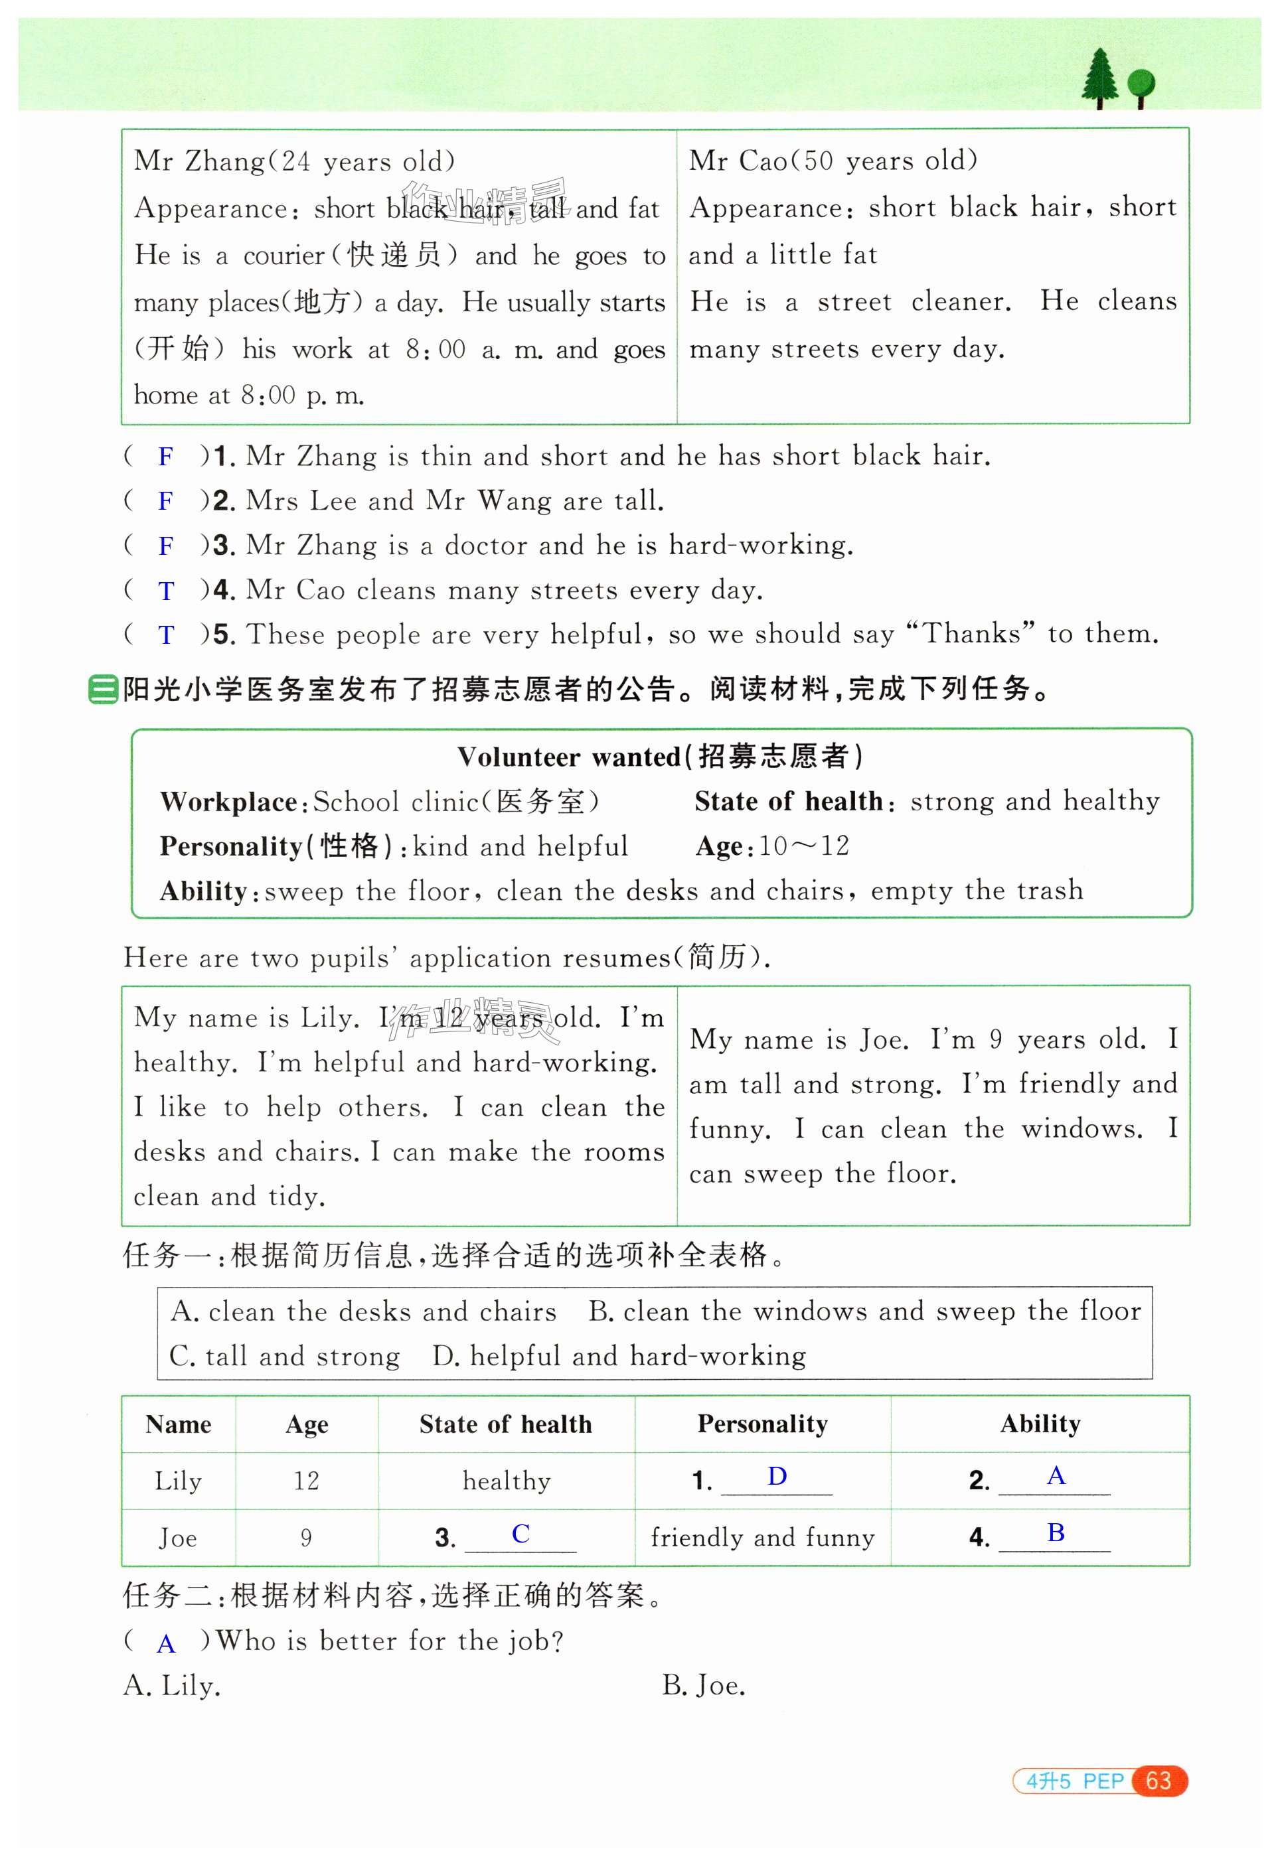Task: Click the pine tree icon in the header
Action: pos(1099,77)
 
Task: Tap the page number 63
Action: pos(1158,1781)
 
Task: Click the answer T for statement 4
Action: pos(166,591)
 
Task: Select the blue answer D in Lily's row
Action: pos(777,1476)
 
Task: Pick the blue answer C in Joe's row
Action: pos(520,1534)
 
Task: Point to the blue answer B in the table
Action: pos(1056,1532)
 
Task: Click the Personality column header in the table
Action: pos(762,1424)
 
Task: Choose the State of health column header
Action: pos(506,1424)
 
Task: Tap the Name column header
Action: pos(178,1424)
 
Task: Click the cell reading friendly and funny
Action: pos(762,1538)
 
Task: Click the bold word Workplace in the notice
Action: pos(229,802)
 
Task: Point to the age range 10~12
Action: pos(804,846)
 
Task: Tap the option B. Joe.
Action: pos(704,1686)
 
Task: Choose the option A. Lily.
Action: pos(172,1686)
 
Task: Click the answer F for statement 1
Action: pos(166,457)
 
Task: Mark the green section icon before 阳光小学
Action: pos(103,690)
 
